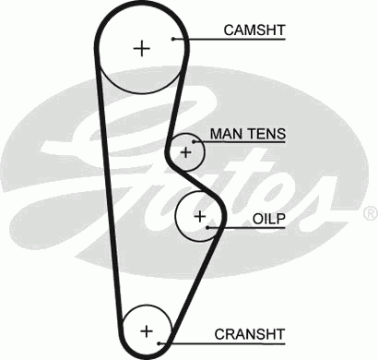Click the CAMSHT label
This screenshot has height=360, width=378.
click(x=254, y=30)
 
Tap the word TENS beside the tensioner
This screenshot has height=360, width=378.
click(x=266, y=134)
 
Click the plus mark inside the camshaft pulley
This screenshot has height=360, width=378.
click(x=141, y=48)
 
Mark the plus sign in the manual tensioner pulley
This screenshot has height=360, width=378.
click(x=187, y=150)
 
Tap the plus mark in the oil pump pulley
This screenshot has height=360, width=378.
click(x=199, y=215)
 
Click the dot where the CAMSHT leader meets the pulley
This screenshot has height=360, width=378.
click(x=174, y=39)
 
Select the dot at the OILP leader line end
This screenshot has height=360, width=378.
click(x=209, y=226)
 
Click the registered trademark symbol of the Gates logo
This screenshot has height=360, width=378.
click(x=370, y=213)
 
